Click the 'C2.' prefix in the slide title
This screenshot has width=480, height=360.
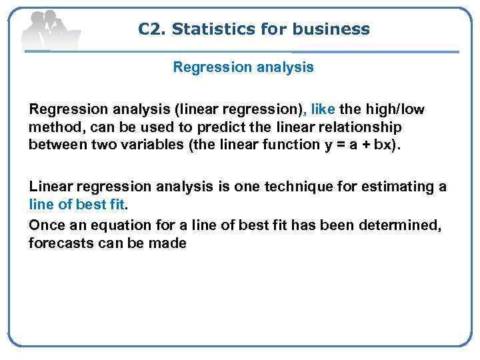[x=152, y=29]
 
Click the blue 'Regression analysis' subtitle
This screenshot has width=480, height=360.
[x=243, y=67]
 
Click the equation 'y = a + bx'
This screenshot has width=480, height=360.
[x=358, y=145]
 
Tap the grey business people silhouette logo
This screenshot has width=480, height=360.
[x=50, y=30]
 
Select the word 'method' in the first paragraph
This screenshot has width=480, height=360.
[x=51, y=127]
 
